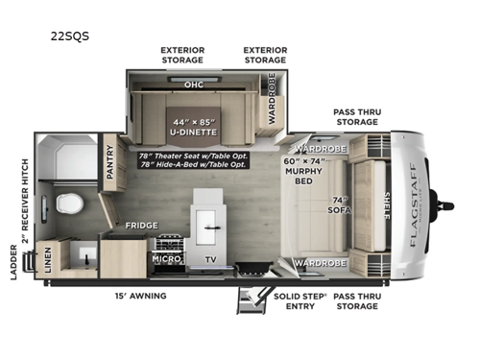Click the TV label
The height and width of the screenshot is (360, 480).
point(209,259)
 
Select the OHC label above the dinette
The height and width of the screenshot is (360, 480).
point(194,84)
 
